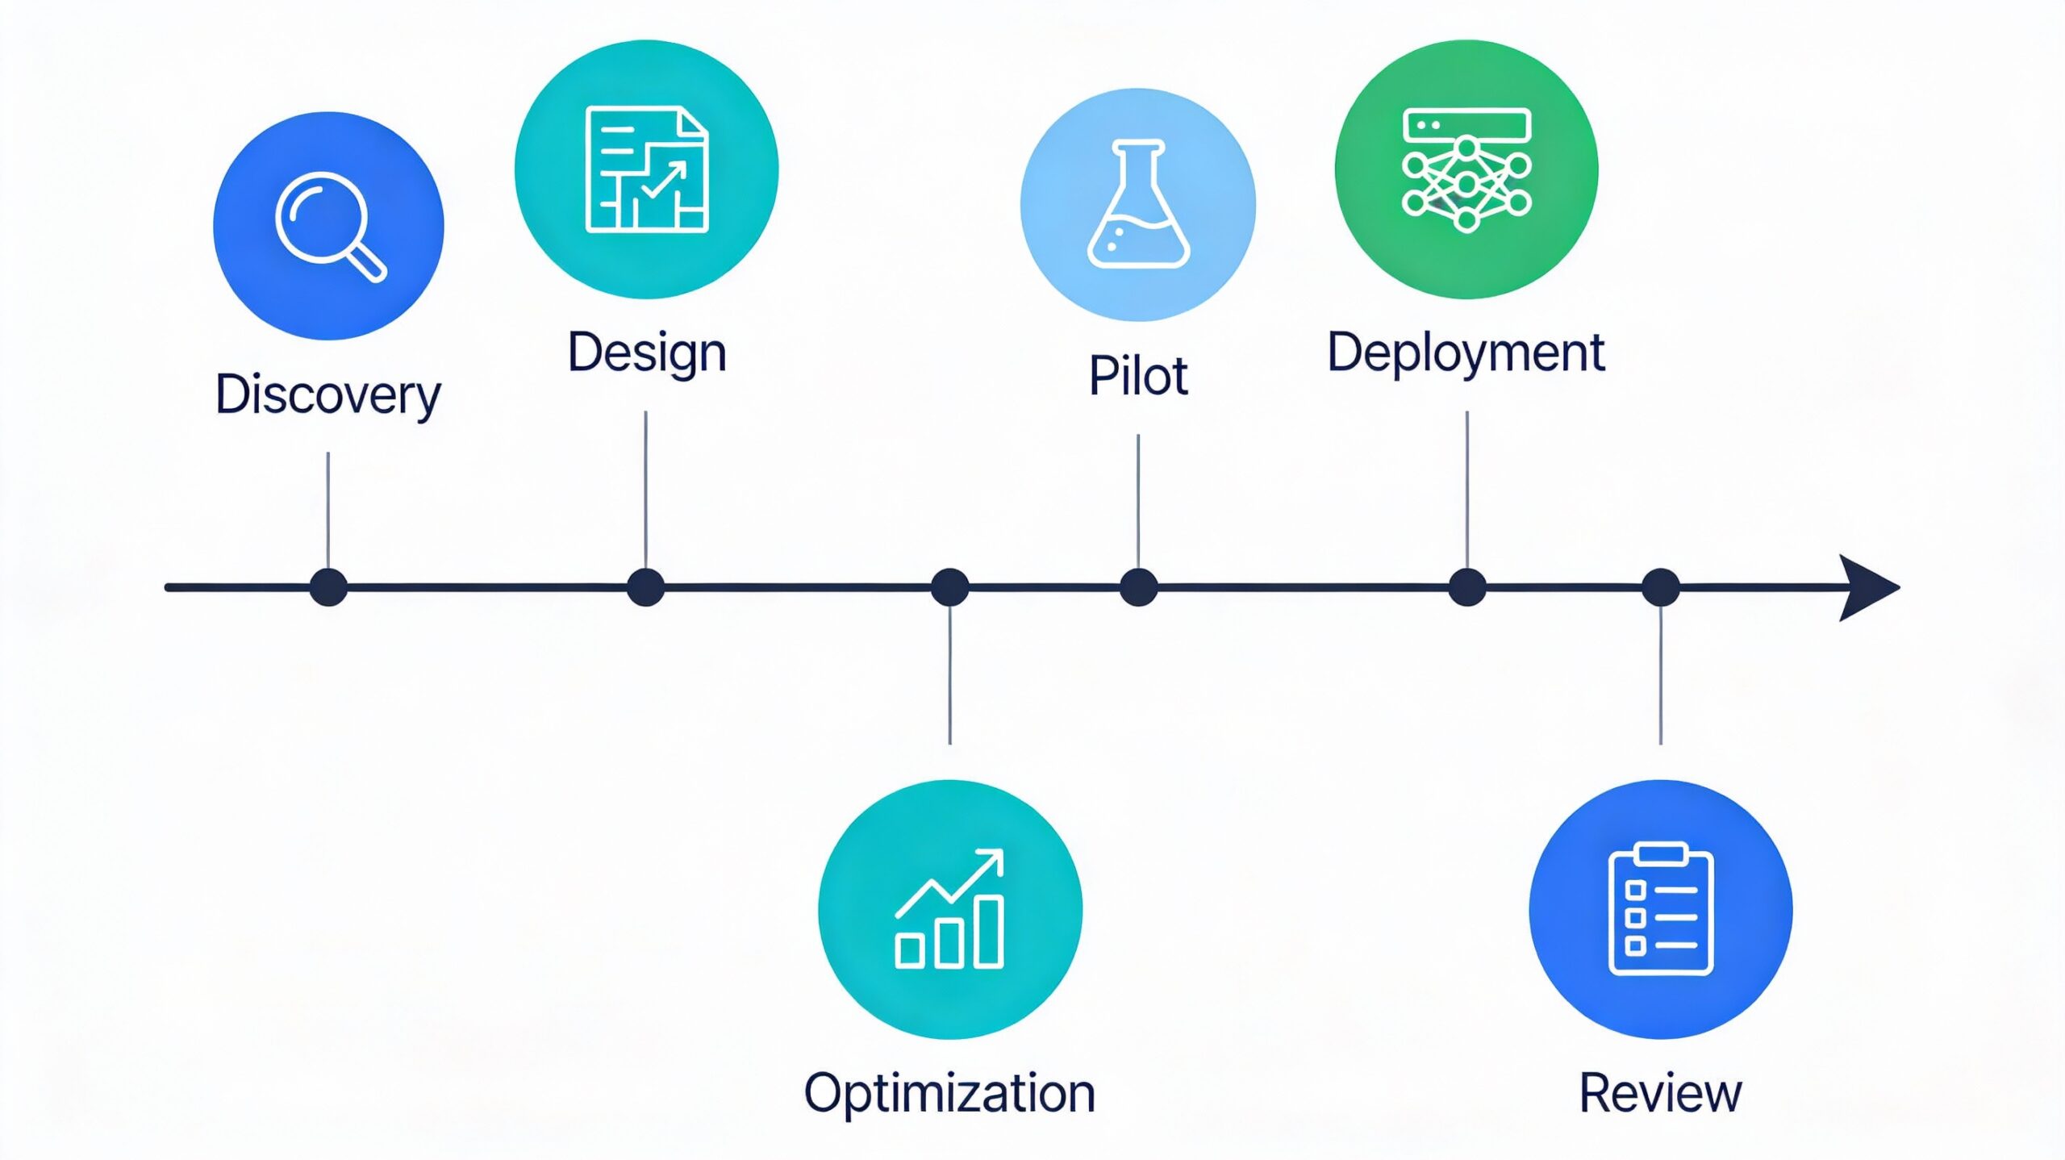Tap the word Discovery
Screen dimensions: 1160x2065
click(327, 394)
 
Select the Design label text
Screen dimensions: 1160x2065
click(647, 353)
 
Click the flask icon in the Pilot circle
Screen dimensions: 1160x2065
click(1138, 205)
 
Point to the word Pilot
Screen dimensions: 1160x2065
click(1138, 376)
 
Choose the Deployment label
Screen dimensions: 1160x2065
click(1466, 353)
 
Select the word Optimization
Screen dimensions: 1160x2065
click(949, 1094)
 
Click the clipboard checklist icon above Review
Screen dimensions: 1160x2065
click(1661, 909)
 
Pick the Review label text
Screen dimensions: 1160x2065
click(1660, 1094)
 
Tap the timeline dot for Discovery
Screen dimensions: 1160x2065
click(328, 587)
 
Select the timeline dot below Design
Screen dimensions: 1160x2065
click(645, 587)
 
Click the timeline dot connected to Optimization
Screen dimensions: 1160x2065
click(949, 587)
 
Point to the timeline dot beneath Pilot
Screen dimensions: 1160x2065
click(1138, 587)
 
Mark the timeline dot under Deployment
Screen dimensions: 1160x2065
click(1466, 587)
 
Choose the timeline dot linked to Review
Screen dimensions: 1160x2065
click(1661, 587)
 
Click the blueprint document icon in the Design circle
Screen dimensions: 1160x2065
click(647, 169)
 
